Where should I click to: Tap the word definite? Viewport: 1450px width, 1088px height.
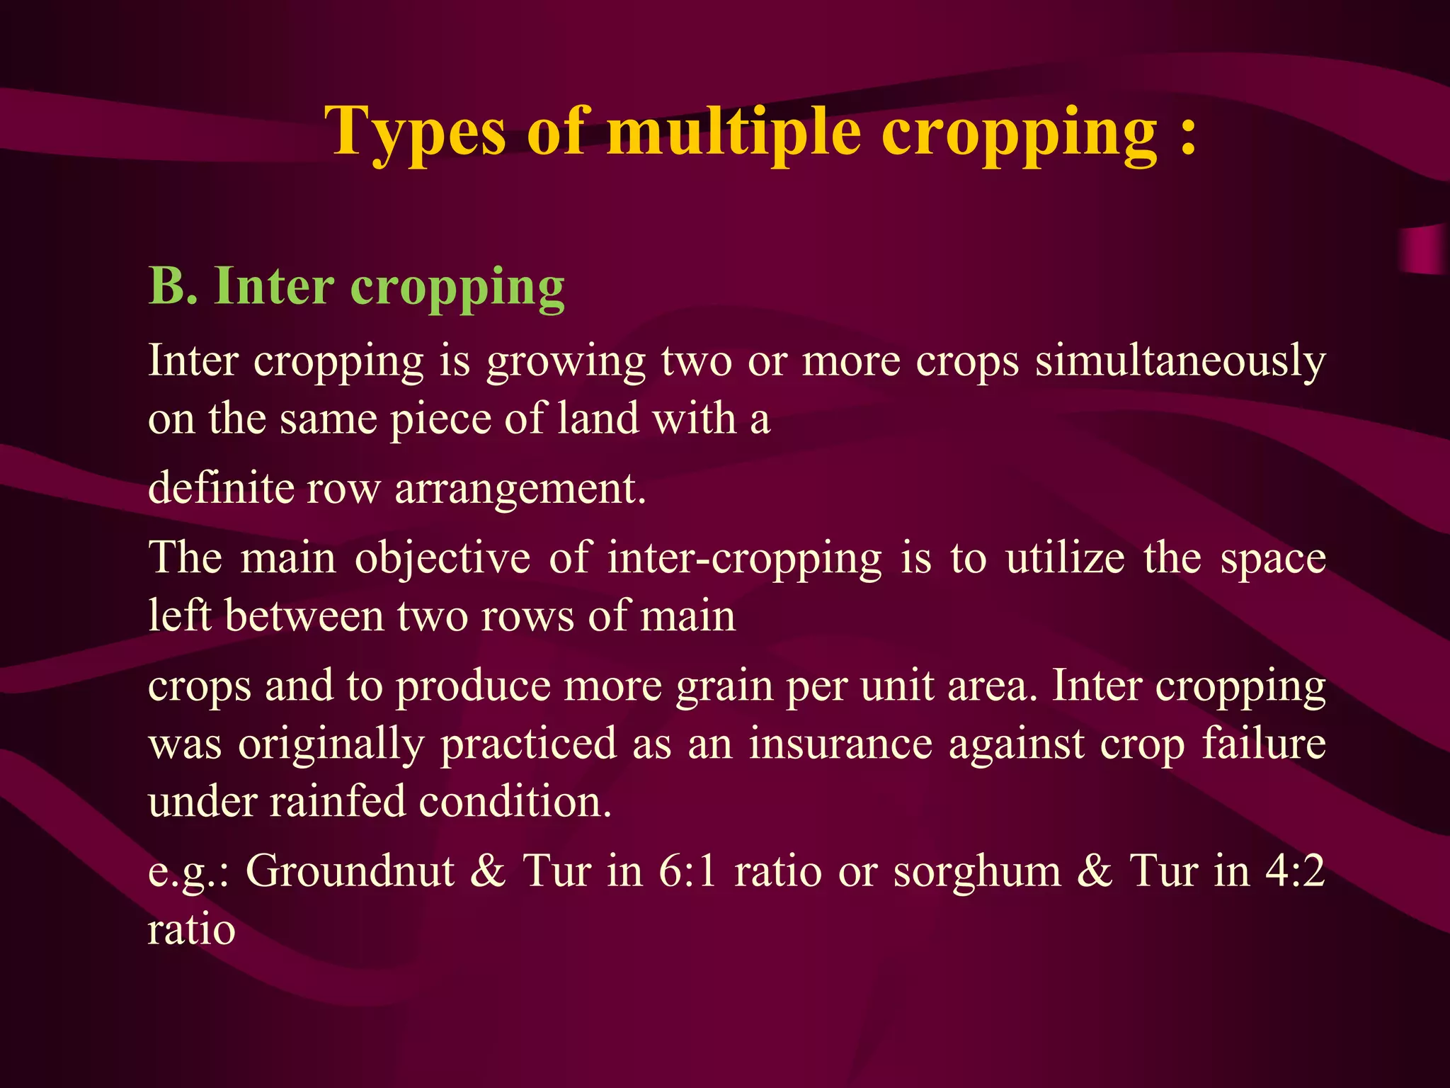coord(220,489)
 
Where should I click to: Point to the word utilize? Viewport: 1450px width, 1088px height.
coord(1065,558)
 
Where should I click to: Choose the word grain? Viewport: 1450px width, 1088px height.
coord(724,688)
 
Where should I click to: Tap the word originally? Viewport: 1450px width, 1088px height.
coord(331,745)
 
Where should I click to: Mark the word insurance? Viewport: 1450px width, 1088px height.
coord(840,744)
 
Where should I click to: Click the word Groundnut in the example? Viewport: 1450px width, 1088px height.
coord(349,871)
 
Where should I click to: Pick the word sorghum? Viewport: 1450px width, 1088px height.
coord(977,872)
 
